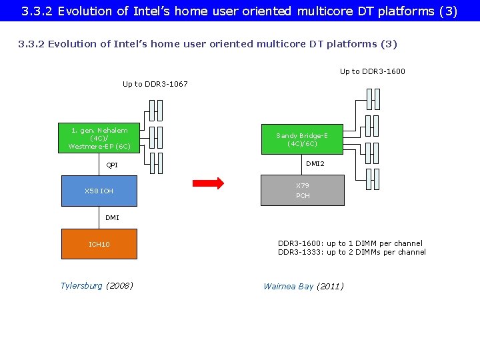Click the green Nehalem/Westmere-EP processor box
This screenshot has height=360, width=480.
99,138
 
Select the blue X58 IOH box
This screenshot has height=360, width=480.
99,191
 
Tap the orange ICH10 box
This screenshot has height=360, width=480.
99,244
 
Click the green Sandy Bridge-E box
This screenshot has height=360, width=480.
302,139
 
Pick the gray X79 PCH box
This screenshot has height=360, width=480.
303,191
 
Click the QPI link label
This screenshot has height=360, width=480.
112,165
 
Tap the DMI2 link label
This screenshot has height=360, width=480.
315,163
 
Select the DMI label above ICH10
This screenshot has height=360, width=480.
112,217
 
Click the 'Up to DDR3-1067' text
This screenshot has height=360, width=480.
155,84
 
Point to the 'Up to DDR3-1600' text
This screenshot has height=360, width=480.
372,71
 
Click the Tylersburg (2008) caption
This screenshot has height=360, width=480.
97,286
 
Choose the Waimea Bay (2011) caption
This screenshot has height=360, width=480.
303,287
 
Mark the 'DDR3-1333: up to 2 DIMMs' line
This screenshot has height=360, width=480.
351,252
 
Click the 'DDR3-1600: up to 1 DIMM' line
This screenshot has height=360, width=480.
350,243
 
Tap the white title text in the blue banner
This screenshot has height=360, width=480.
239,11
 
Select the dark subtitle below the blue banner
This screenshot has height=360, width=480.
207,44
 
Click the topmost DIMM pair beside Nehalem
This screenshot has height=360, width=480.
155,110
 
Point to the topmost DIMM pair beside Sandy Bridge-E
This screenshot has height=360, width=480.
373,99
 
